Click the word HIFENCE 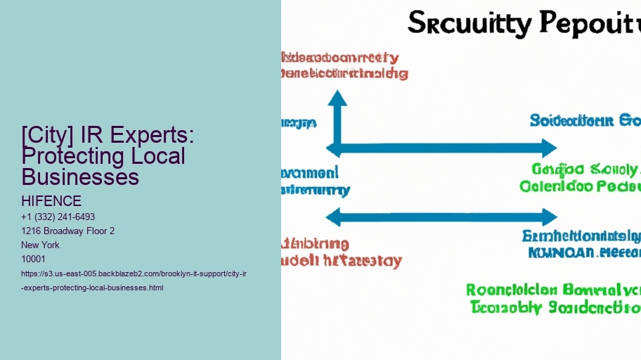pyautogui.click(x=51, y=201)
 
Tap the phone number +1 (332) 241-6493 pyautogui.click(x=58, y=217)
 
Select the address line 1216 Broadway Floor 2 pyautogui.click(x=68, y=231)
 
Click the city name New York pyautogui.click(x=41, y=245)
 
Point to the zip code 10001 pyautogui.click(x=34, y=259)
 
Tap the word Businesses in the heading pyautogui.click(x=80, y=176)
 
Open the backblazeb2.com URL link pyautogui.click(x=134, y=280)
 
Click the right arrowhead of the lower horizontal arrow pyautogui.click(x=549, y=217)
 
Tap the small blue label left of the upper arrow pyautogui.click(x=299, y=123)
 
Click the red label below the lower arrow pyautogui.click(x=341, y=252)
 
